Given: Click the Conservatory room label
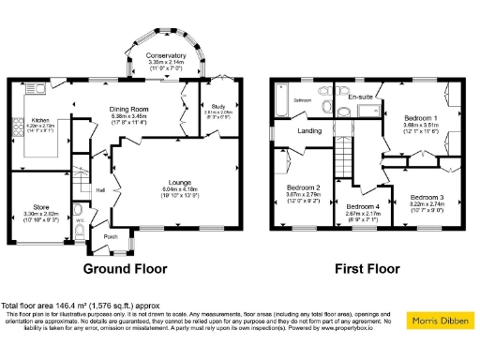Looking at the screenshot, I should point(167,55).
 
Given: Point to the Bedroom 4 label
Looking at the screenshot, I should point(363,206).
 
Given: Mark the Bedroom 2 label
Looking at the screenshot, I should point(304,187).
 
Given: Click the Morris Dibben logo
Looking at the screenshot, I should point(441,322).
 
